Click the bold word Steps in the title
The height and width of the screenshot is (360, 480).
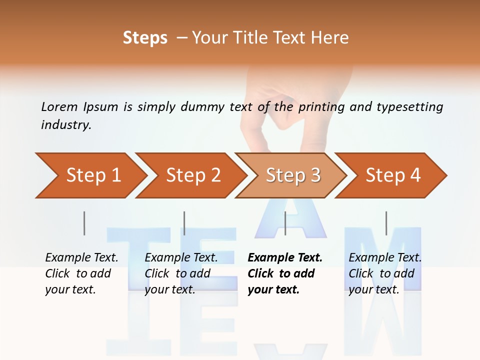point(145,38)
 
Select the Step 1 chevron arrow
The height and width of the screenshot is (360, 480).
point(90,175)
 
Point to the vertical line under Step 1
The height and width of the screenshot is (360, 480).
point(84,223)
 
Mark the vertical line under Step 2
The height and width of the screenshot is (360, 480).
point(184,223)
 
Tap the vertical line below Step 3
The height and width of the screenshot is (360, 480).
point(285,223)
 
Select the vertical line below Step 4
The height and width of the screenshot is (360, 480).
point(386,223)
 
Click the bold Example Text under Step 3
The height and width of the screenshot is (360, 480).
point(285,273)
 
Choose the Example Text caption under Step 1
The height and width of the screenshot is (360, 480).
point(81,273)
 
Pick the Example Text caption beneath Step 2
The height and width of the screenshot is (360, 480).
point(181,273)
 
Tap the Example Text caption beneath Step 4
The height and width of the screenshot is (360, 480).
point(385,273)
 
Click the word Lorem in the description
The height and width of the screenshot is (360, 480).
point(59,107)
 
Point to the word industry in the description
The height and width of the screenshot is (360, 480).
point(65,125)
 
